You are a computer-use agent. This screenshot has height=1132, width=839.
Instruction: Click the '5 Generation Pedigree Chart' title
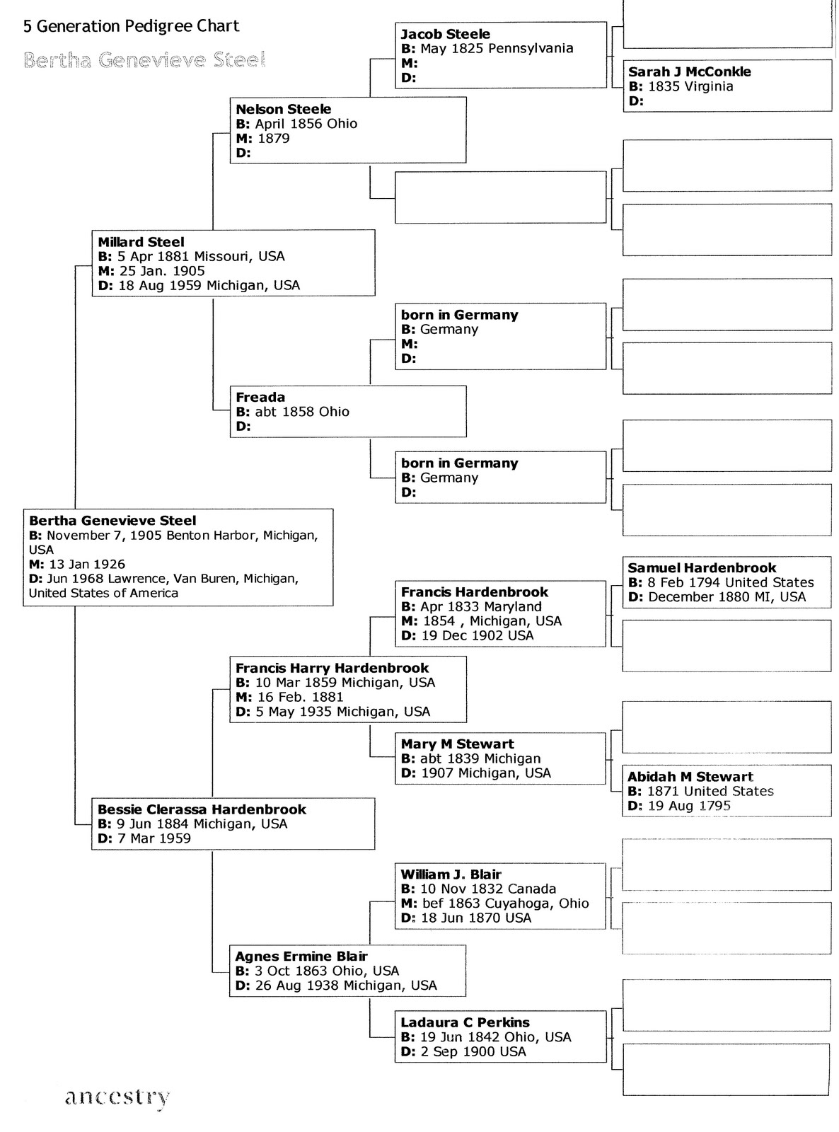(132, 27)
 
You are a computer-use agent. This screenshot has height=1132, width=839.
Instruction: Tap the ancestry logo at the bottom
(117, 1097)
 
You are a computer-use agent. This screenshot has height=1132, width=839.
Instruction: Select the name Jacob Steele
(445, 34)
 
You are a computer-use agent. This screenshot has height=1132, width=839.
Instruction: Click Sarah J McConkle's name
(689, 71)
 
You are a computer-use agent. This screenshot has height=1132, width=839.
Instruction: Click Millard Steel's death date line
(199, 286)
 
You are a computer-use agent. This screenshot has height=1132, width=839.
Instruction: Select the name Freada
(260, 398)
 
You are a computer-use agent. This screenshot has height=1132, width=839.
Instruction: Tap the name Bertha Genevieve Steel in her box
(112, 521)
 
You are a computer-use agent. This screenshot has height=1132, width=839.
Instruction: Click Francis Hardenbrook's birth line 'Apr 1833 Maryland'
(471, 607)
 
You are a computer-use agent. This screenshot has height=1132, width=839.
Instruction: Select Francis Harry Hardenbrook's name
(332, 669)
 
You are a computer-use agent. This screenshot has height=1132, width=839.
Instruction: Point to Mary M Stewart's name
(457, 744)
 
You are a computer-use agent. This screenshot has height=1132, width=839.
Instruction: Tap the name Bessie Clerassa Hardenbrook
(202, 809)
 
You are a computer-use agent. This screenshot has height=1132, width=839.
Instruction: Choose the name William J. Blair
(451, 874)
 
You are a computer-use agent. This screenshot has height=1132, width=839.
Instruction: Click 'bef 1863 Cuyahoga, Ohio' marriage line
(495, 903)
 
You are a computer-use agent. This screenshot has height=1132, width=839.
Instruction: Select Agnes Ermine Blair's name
(301, 957)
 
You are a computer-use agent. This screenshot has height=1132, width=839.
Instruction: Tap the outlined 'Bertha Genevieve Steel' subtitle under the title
(144, 60)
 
